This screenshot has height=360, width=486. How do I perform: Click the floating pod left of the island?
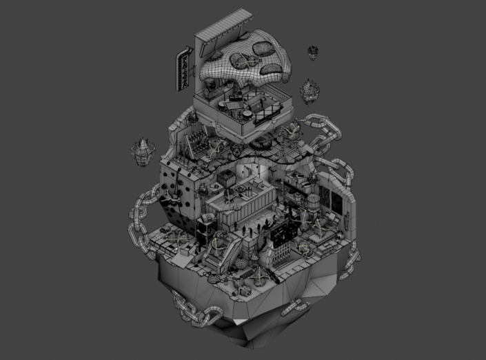click(x=142, y=151)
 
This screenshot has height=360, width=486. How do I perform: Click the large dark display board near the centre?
click(x=283, y=234)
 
